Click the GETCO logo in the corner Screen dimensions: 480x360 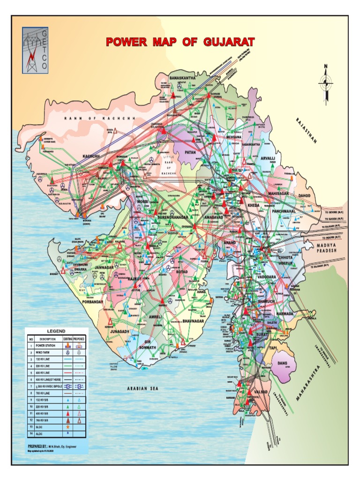[x=35, y=50]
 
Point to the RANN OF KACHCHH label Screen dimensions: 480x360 [x=99, y=119]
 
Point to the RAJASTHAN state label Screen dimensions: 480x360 [x=307, y=131]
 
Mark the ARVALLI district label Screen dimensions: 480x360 [x=269, y=159]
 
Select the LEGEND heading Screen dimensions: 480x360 [x=56, y=331]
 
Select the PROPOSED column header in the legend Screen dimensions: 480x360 [x=79, y=338]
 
